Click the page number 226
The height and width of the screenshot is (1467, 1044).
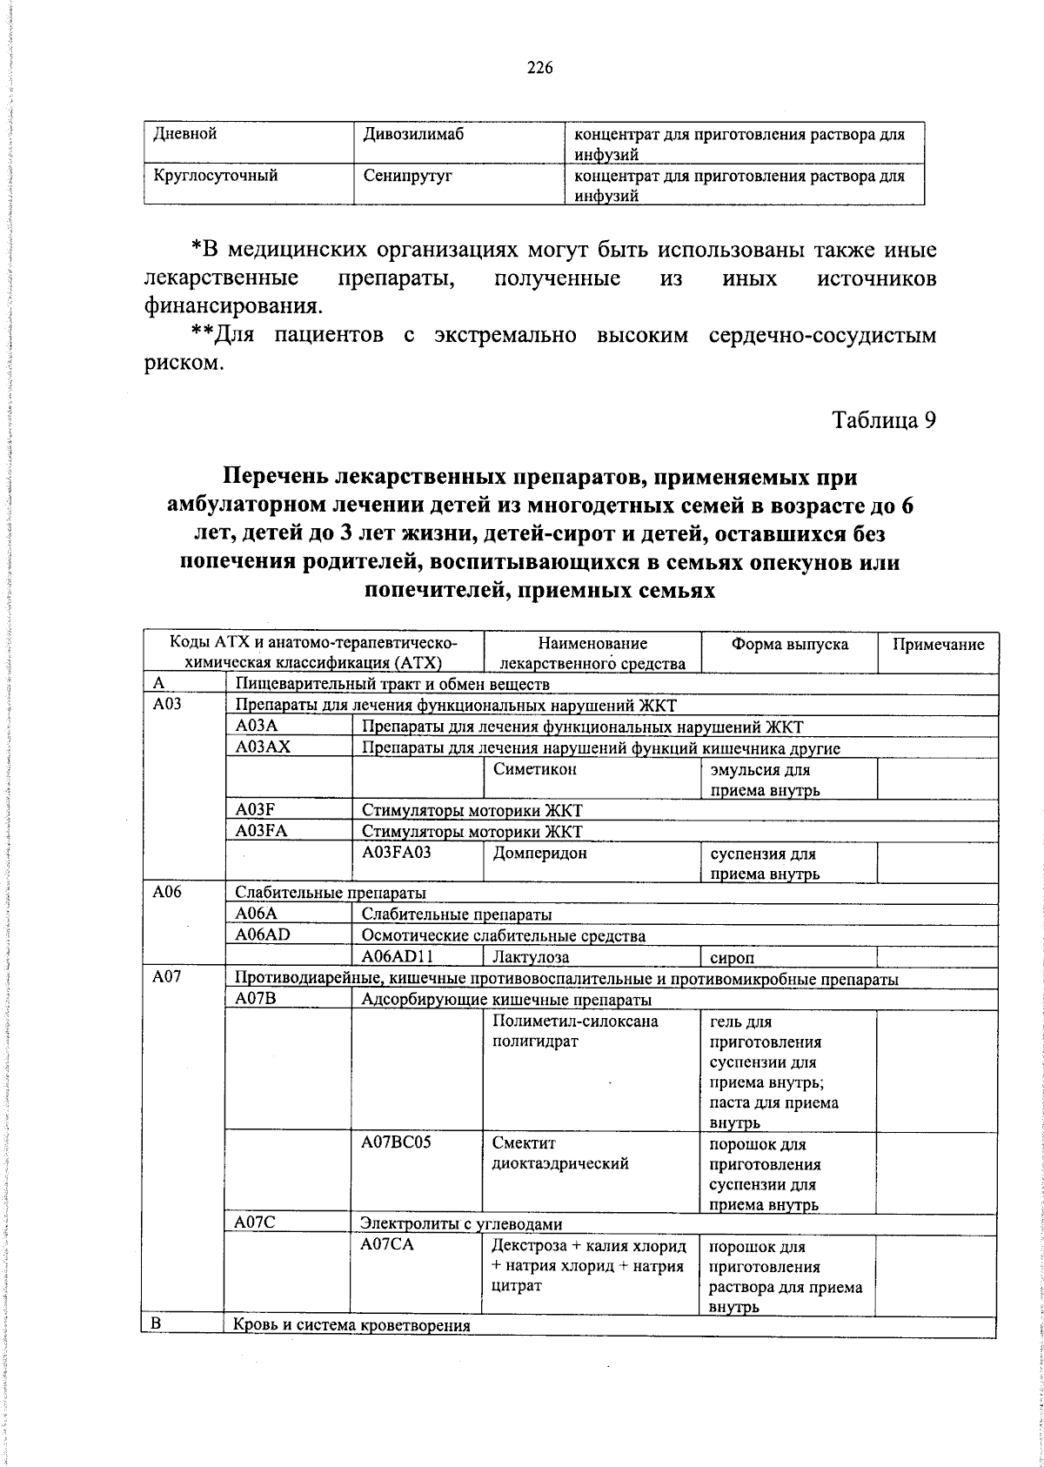[x=539, y=69]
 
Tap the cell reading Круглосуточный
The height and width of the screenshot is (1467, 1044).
[x=216, y=176]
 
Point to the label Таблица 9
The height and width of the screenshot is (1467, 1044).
[x=884, y=420]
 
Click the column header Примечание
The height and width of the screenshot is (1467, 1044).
[x=937, y=644]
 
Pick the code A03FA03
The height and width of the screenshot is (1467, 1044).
[x=397, y=853]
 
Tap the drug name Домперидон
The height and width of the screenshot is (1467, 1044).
[x=539, y=853]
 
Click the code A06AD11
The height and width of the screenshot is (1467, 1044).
[x=398, y=956]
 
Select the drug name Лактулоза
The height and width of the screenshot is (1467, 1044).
[x=530, y=957]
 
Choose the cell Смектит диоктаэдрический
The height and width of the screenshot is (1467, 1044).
[x=559, y=1154]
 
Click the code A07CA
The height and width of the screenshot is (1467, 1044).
[x=386, y=1245]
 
